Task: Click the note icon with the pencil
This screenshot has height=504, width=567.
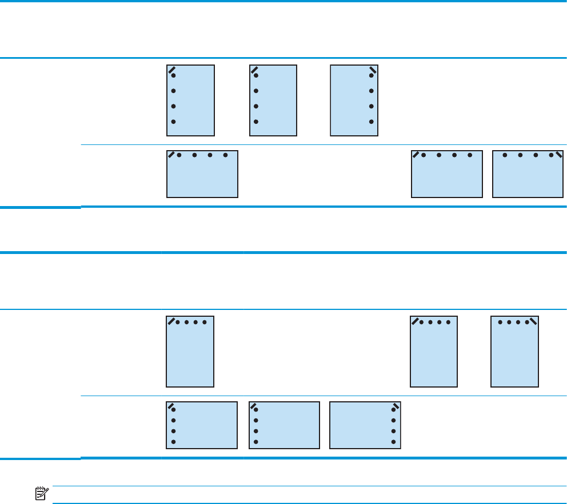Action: point(41,494)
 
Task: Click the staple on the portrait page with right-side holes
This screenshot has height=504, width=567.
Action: point(373,70)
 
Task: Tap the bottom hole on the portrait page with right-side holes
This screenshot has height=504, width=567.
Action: point(372,122)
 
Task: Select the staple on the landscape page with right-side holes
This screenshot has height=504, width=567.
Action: point(394,406)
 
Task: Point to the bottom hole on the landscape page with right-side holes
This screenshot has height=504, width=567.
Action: point(394,442)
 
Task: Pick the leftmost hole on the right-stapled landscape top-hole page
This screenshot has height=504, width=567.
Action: point(504,155)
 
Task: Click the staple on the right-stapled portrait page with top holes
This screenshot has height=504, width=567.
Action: point(533,321)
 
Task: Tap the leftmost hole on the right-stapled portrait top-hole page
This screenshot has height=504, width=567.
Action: point(500,322)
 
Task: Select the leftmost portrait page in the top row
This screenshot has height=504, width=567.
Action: point(190,101)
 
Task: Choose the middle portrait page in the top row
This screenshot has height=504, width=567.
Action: point(273,101)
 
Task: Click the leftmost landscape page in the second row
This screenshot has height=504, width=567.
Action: point(202,174)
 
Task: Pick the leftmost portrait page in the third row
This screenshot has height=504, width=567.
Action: point(190,351)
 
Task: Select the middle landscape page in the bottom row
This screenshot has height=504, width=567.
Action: point(284,425)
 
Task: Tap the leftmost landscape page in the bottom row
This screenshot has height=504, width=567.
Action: point(202,425)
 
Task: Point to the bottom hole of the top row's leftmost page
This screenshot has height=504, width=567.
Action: point(173,122)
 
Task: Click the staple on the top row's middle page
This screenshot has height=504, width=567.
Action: point(254,70)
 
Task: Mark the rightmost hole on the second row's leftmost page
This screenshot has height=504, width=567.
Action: point(226,155)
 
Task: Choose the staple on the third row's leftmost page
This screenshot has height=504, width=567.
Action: point(171,321)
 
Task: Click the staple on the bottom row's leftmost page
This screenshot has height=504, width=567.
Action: point(171,406)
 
